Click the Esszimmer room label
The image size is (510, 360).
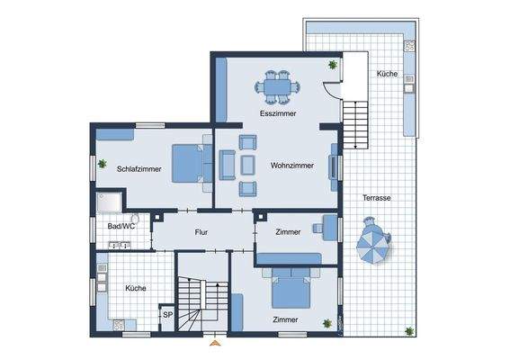(x=278, y=114)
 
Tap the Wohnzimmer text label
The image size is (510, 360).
(x=291, y=166)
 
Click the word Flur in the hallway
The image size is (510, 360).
(x=201, y=232)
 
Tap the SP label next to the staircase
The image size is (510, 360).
(x=166, y=315)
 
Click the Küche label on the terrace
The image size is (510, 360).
(x=387, y=74)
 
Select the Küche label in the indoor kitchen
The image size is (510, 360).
(x=136, y=288)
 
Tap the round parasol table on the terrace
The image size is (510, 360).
(x=374, y=244)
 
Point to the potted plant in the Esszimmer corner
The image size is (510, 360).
(x=332, y=65)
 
